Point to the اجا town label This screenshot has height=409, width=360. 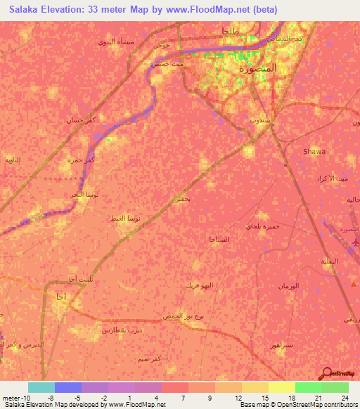pyautogui.click(x=59, y=297)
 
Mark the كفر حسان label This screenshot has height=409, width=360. pyautogui.click(x=80, y=120)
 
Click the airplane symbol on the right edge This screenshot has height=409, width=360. pyautogui.click(x=354, y=243)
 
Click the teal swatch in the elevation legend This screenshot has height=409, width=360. pyautogui.click(x=41, y=387)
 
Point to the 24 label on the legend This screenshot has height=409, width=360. pyautogui.click(x=344, y=397)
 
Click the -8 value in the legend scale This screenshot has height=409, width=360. pyautogui.click(x=50, y=397)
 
